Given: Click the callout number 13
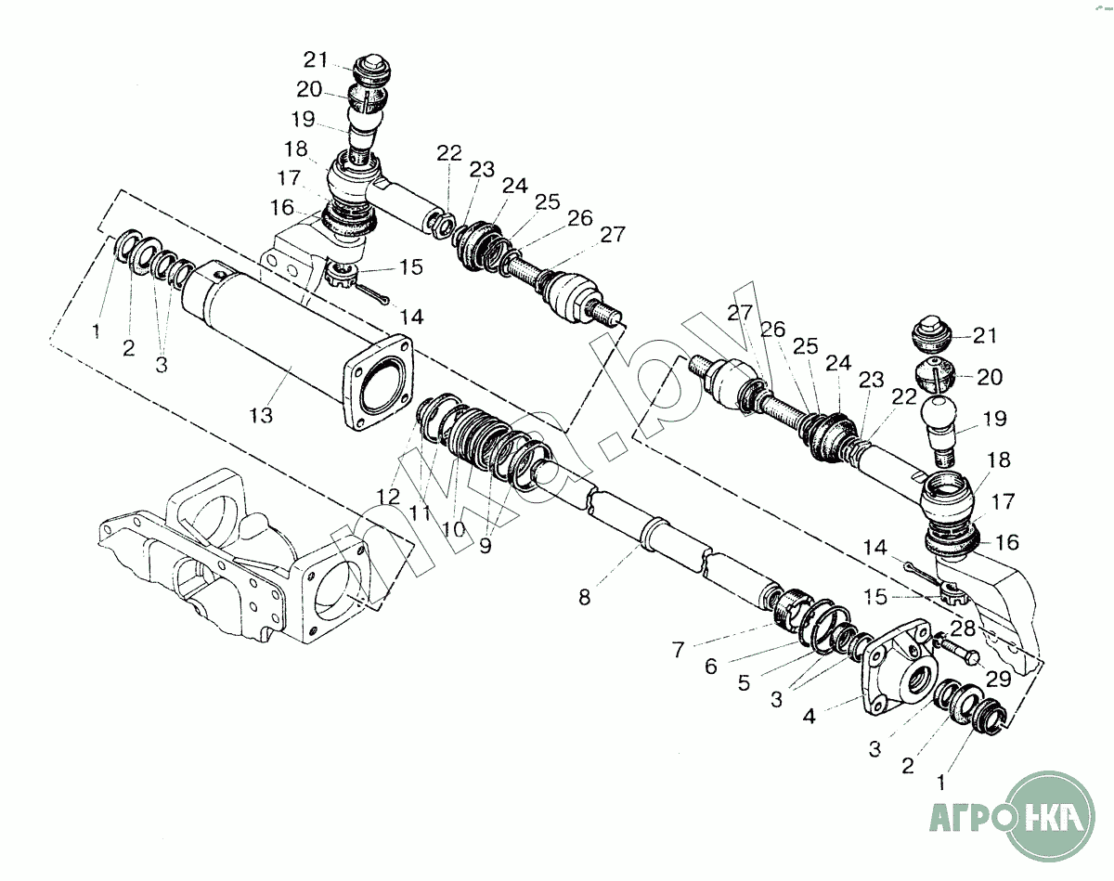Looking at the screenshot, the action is click(x=262, y=415).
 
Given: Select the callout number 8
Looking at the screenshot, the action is click(x=584, y=598).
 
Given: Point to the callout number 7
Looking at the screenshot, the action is click(x=679, y=650).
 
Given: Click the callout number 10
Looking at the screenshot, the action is click(x=453, y=529).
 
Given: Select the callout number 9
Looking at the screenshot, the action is click(x=486, y=545).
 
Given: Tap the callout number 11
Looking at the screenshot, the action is click(x=421, y=512).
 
